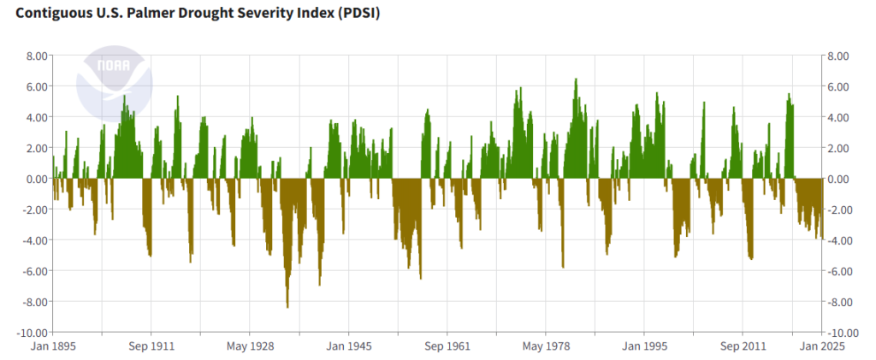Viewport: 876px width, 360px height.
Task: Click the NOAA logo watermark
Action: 114,84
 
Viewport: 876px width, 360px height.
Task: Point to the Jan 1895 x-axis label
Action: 53,347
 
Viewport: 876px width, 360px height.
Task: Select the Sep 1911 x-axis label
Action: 151,347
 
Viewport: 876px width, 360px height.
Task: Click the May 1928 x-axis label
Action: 250,347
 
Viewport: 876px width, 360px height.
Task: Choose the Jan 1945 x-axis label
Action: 349,347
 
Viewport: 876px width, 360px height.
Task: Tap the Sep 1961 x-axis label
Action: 447,347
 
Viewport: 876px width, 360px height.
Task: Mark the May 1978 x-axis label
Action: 546,347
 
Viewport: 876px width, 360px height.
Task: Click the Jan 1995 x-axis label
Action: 644,347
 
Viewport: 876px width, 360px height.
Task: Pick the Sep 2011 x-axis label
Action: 743,347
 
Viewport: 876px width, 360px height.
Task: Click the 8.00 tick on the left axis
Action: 34,56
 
